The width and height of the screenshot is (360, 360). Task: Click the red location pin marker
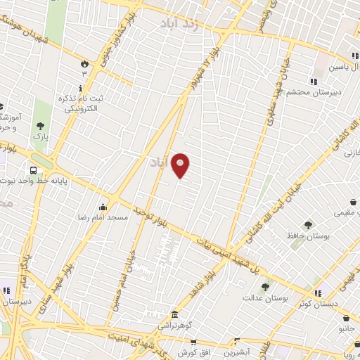181,165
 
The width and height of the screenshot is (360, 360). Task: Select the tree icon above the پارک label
40,126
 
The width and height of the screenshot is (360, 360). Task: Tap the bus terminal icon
33,170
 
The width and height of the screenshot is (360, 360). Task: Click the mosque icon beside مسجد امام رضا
103,207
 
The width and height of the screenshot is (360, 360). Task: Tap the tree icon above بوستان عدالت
264,287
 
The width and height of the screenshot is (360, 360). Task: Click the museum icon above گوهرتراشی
174,314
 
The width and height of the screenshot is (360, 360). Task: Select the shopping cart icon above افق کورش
188,340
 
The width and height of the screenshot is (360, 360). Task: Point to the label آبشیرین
239,351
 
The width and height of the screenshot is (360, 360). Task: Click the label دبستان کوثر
336,304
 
